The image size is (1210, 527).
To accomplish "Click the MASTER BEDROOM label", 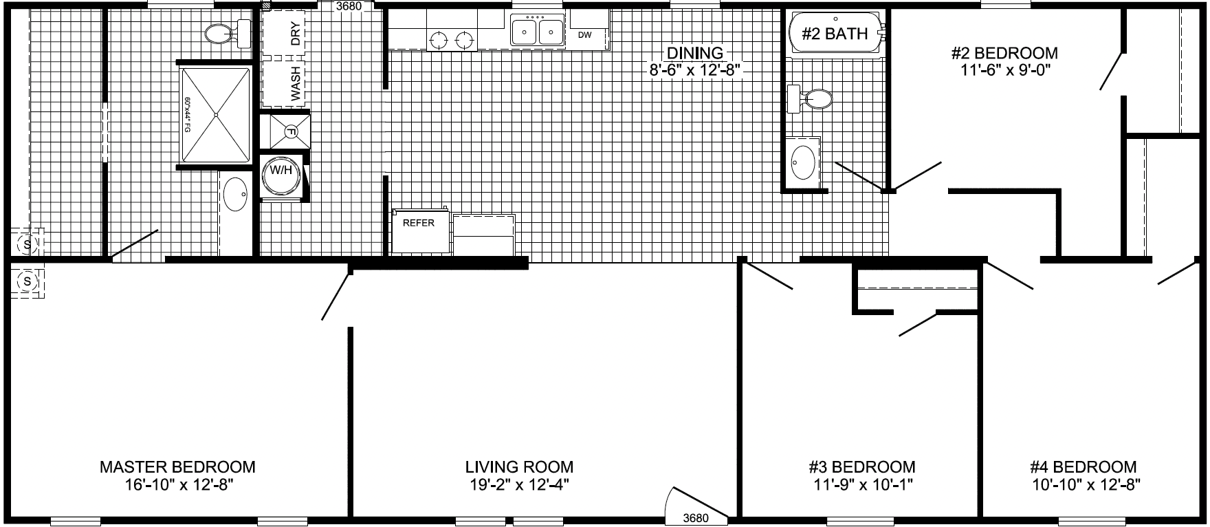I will point(177,467).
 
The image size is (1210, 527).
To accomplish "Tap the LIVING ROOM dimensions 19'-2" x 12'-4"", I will point(519,484).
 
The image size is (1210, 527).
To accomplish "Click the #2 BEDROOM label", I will point(1004,53).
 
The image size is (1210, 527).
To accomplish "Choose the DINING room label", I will point(695,52).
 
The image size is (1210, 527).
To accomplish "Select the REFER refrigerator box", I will point(419,224).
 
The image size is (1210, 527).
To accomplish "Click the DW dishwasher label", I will point(584,34).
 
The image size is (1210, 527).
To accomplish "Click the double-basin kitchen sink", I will point(537,32).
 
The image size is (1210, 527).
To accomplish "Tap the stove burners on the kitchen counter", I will point(452,40).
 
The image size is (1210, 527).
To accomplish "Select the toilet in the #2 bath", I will point(811,99).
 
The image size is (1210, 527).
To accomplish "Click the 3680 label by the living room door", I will point(695,517).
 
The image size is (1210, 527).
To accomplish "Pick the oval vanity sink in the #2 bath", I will point(803,162).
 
